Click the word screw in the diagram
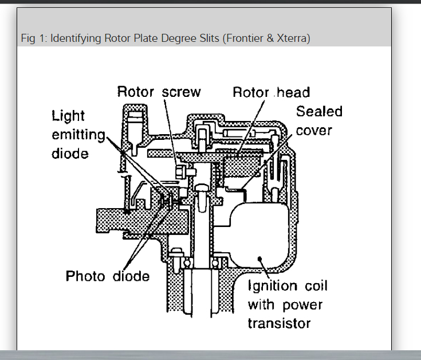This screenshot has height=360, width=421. click(x=181, y=92)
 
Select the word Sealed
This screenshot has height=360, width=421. click(x=319, y=111)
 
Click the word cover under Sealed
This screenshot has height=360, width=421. click(x=314, y=130)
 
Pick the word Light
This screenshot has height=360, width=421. click(x=68, y=116)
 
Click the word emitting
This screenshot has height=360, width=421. click(x=78, y=135)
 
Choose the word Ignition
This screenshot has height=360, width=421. click(x=272, y=286)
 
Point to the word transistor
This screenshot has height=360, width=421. click(x=279, y=323)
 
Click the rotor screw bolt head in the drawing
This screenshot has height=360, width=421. click(x=182, y=171)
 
